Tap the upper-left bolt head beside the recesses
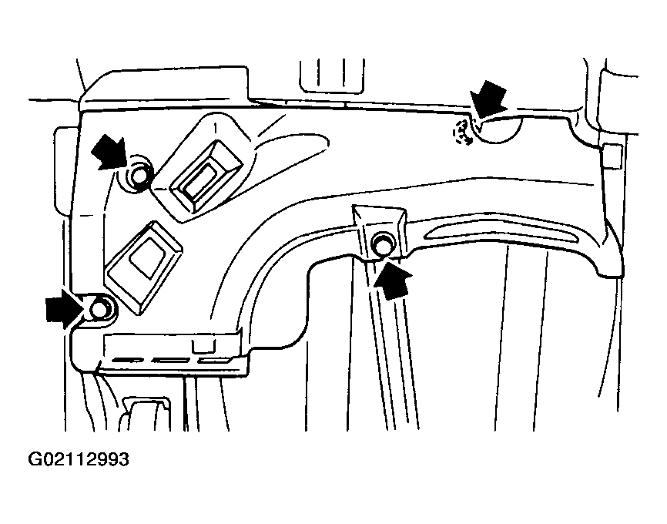tap(139, 177)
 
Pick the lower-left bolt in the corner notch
tap(98, 310)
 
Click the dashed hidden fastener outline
tap(462, 133)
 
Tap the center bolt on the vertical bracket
tap(380, 246)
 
